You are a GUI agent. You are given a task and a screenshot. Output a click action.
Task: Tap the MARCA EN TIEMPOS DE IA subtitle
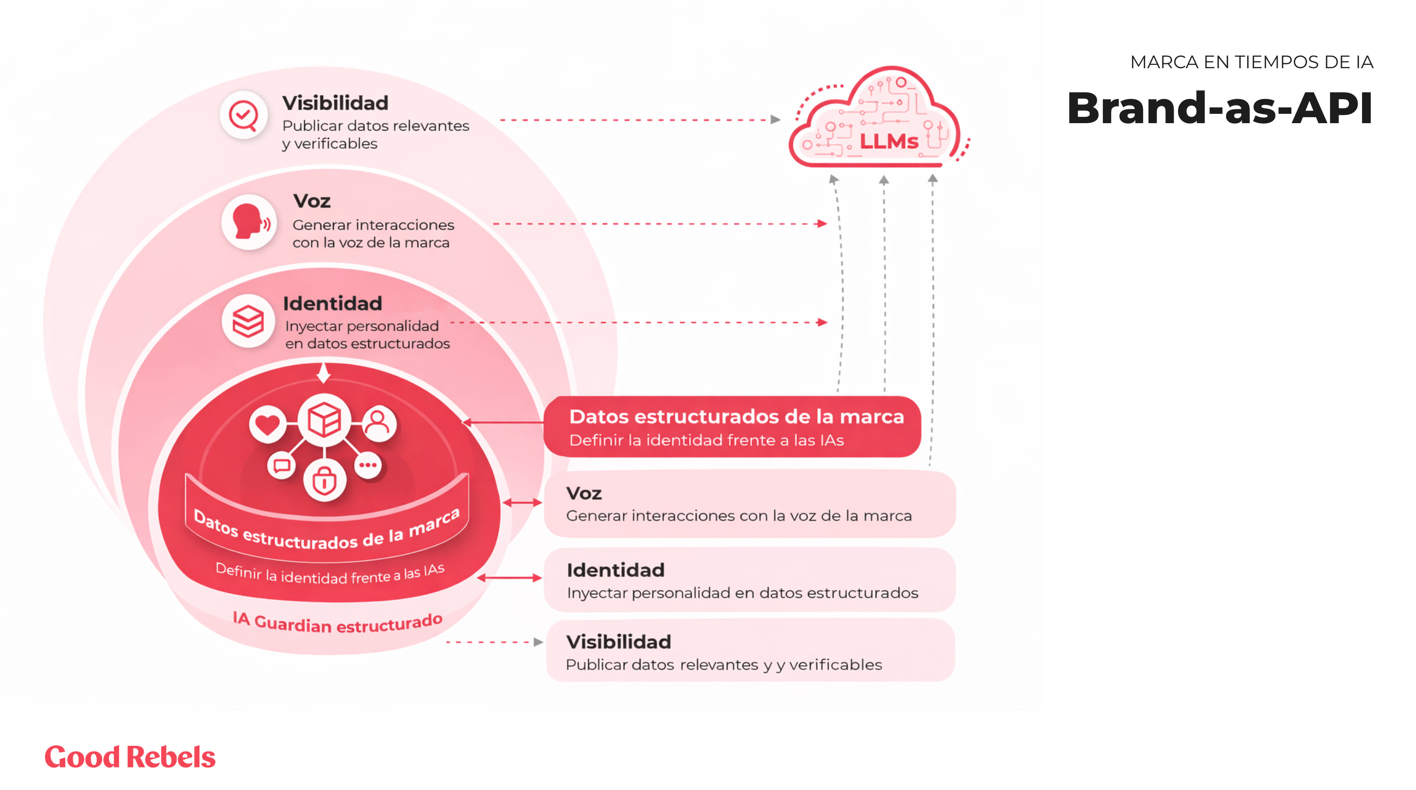1251,62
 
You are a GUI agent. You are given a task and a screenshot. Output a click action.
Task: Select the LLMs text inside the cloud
889,142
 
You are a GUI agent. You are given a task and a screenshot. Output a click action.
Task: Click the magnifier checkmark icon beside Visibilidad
243,115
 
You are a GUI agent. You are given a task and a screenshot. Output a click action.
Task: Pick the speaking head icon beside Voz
249,222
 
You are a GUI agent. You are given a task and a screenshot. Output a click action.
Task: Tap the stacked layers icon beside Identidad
248,321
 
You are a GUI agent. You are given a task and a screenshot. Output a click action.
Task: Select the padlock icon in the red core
324,481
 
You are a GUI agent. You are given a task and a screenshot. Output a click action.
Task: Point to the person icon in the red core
378,423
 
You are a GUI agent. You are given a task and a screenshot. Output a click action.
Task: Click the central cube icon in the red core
324,421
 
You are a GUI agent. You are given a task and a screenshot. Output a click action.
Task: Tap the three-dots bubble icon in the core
368,465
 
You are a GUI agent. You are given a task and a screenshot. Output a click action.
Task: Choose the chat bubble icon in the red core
282,466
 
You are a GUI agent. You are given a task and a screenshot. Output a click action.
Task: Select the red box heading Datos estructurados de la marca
736,417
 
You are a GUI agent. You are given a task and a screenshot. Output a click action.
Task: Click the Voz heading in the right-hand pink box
584,493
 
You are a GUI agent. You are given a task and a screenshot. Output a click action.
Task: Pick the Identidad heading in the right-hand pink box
616,570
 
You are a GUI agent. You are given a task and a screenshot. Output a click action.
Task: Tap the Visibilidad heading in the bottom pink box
618,641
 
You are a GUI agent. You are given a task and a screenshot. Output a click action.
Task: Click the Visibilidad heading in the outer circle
335,103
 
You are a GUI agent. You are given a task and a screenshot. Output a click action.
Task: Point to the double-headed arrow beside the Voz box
522,502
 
